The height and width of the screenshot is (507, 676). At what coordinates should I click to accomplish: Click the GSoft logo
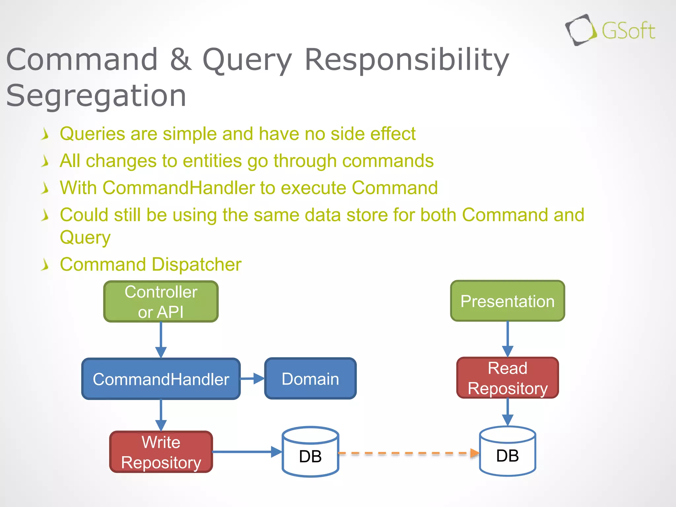click(610, 30)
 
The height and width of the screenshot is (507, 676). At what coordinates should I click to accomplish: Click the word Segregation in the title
click(96, 96)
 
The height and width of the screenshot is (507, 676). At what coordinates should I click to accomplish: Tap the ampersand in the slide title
click(181, 59)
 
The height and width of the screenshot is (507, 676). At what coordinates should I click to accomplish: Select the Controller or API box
click(161, 301)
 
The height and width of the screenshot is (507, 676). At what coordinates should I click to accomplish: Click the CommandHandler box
click(161, 379)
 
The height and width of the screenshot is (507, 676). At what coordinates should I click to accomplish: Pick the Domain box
click(310, 379)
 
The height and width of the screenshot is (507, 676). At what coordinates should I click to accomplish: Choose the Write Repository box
click(161, 452)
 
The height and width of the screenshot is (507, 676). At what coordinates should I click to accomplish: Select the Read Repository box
click(507, 378)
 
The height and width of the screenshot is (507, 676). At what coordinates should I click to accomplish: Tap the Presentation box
click(507, 301)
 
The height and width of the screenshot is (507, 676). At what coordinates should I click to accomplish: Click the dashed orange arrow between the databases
click(408, 453)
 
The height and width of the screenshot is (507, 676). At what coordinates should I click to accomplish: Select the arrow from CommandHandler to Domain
click(252, 379)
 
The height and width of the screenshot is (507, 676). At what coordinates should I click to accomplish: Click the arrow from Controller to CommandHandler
click(161, 340)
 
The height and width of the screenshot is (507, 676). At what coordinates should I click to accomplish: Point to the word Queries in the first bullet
click(92, 134)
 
